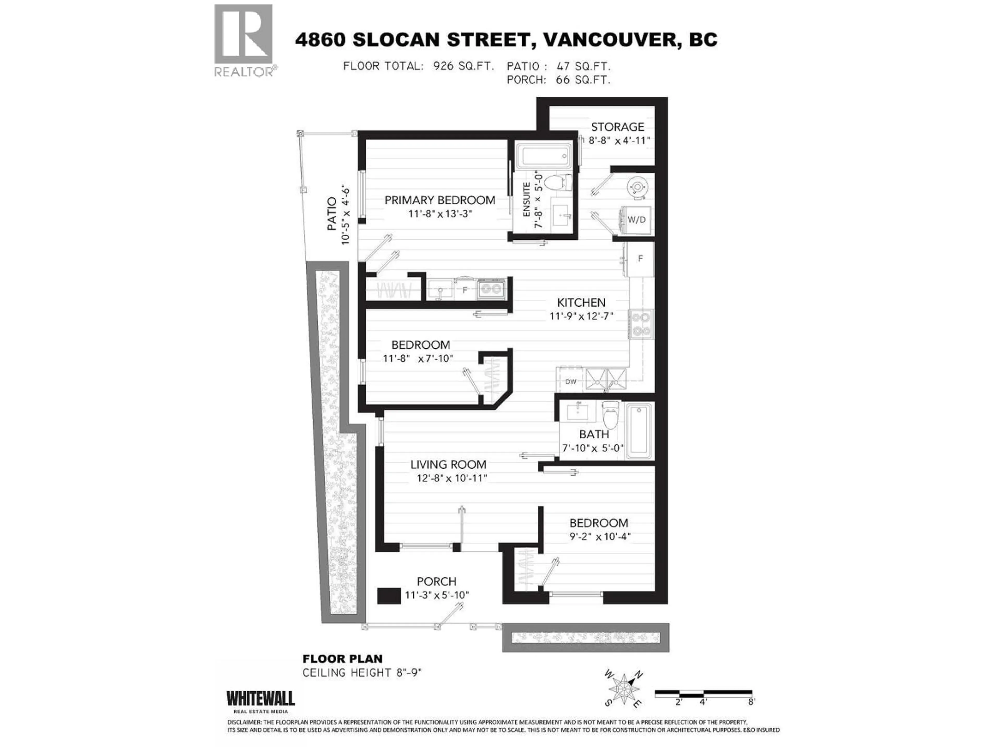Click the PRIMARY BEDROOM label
coord(440,200)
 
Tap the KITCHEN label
coord(581,302)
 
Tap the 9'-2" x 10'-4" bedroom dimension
coord(600,537)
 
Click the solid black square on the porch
coord(389,596)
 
